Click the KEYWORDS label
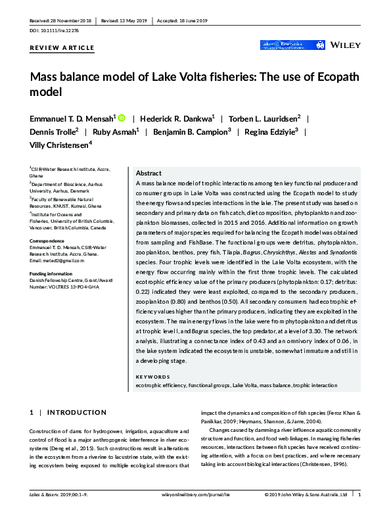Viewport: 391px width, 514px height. point(152,377)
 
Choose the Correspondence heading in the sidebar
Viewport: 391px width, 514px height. point(48,241)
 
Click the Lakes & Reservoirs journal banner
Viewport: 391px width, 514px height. point(283,45)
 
